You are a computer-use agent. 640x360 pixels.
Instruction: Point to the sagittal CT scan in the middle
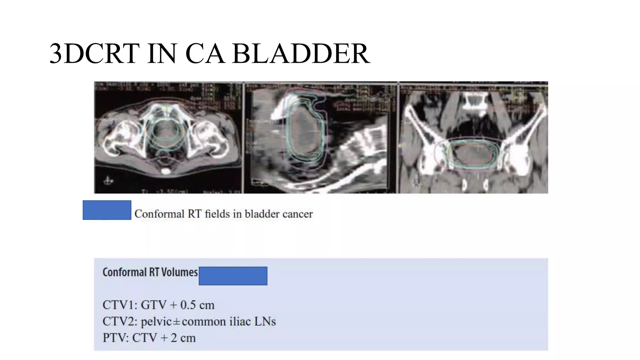coord(320,137)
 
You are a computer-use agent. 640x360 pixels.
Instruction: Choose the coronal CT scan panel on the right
coord(473,137)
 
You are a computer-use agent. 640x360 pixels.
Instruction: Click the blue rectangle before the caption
coord(107,210)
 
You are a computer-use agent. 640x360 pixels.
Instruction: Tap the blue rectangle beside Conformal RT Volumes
coord(233,276)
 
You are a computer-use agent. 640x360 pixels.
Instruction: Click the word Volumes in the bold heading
coord(179,272)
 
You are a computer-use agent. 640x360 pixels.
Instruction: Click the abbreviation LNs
coord(265,322)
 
